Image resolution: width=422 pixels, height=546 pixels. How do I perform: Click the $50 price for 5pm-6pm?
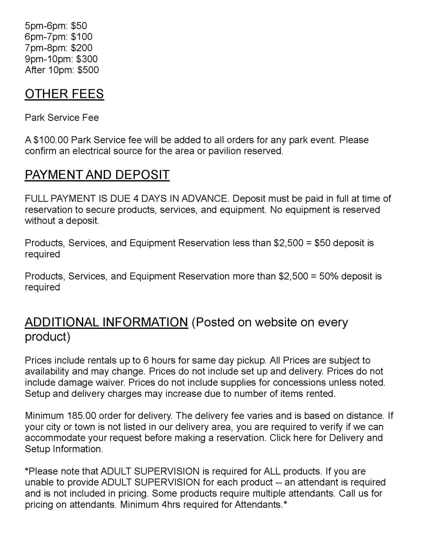pos(79,26)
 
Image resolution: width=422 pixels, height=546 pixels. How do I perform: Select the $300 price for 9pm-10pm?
pos(87,59)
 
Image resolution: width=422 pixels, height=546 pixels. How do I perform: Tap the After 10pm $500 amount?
pos(88,70)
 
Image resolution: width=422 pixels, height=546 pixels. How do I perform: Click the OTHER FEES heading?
pos(64,94)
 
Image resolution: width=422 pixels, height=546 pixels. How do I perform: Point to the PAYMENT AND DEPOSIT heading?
pos(97,175)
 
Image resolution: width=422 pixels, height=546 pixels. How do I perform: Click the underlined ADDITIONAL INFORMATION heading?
pos(107,322)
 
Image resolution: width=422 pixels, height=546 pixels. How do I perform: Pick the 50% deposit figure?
pos(328,276)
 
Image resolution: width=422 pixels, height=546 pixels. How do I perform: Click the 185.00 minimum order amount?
pos(81,416)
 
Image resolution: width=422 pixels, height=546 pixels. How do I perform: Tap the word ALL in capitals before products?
pos(272,471)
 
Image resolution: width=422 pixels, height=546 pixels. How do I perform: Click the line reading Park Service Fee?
pos(62,118)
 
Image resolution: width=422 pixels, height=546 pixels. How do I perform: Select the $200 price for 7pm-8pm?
pos(82,48)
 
